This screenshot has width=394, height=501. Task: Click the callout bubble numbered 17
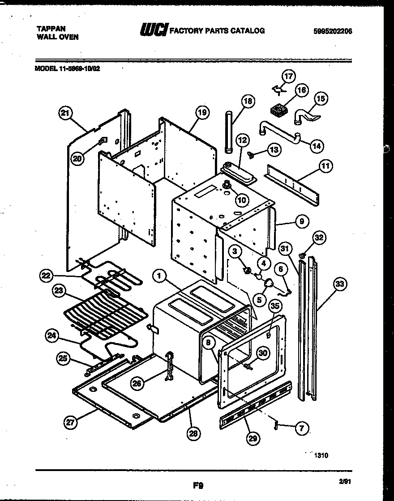click(x=289, y=76)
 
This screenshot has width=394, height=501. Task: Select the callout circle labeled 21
click(x=66, y=114)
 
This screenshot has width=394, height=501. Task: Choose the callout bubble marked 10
click(x=242, y=200)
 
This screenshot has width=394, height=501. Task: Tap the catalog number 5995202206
click(x=333, y=31)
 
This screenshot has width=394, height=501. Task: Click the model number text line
click(x=67, y=69)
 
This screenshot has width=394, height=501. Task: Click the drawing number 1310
click(x=321, y=455)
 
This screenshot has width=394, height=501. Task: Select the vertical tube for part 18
click(x=229, y=133)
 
